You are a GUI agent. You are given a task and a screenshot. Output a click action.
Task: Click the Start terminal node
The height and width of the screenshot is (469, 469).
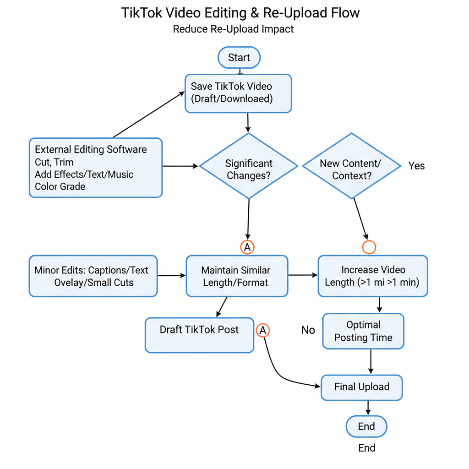tap(239, 58)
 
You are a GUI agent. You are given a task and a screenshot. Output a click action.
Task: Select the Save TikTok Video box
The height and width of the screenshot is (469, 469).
tap(238, 93)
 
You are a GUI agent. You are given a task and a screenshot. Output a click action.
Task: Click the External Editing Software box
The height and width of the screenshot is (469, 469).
tap(95, 168)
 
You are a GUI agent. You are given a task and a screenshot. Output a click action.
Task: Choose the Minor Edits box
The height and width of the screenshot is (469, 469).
tap(93, 276)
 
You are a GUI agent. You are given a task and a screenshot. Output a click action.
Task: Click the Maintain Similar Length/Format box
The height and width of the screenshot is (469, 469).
tap(237, 276)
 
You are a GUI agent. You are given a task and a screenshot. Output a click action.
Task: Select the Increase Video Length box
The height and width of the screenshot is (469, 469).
tap(372, 276)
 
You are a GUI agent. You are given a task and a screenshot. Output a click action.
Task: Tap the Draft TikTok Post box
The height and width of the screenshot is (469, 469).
tap(199, 335)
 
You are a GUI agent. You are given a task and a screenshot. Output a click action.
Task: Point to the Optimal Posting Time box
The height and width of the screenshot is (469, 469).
tap(363, 331)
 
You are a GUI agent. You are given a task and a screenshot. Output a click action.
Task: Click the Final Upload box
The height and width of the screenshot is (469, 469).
tap(361, 387)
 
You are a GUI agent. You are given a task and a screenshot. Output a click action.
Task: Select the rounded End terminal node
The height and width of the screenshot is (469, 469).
tap(366, 426)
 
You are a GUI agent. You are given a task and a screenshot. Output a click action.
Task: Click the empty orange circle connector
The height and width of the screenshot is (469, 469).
tap(369, 247)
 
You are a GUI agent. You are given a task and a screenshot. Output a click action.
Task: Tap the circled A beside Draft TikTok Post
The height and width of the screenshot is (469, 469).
tap(263, 330)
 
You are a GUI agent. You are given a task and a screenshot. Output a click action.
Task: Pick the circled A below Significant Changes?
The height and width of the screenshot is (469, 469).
tap(247, 247)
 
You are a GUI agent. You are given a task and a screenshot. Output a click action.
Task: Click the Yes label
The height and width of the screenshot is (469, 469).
tap(416, 166)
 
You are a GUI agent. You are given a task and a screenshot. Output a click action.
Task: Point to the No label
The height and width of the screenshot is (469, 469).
tap(308, 330)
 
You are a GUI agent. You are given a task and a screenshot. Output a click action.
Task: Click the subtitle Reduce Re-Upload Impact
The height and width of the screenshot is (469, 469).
tap(233, 29)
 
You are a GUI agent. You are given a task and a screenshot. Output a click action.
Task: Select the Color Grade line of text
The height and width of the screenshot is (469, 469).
tap(60, 186)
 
